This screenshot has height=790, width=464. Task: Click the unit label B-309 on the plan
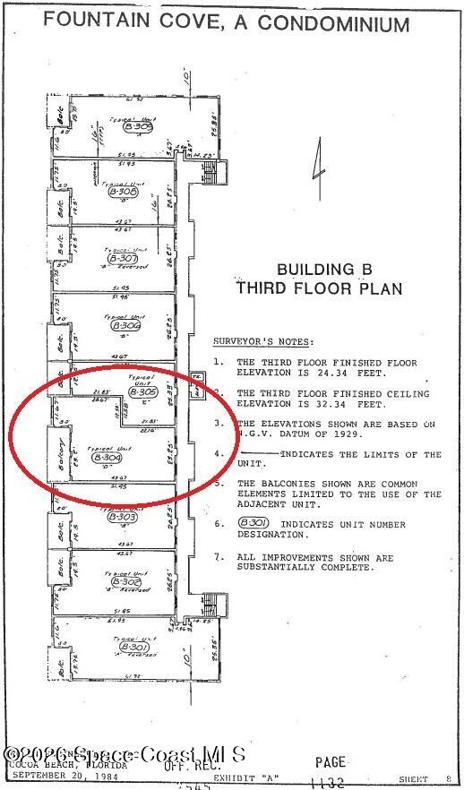click(x=140, y=127)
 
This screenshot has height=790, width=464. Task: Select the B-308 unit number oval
click(x=122, y=192)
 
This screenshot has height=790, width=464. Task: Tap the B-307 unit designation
click(x=121, y=258)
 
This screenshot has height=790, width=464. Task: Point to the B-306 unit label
click(x=128, y=327)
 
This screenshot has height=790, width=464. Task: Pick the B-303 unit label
click(x=123, y=517)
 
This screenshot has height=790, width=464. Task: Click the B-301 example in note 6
click(x=251, y=525)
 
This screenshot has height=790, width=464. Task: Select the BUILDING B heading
click(x=318, y=269)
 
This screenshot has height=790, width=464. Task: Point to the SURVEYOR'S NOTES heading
click(x=262, y=341)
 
